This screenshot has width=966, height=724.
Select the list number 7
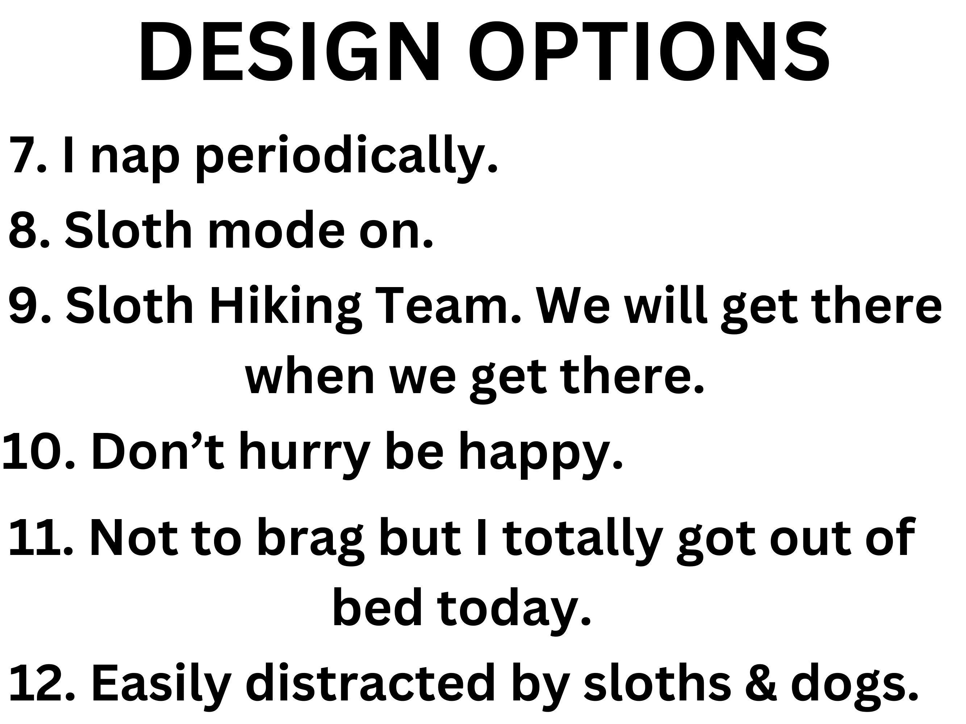28,155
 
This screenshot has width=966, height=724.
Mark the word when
310,377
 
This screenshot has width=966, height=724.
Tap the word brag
310,542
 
